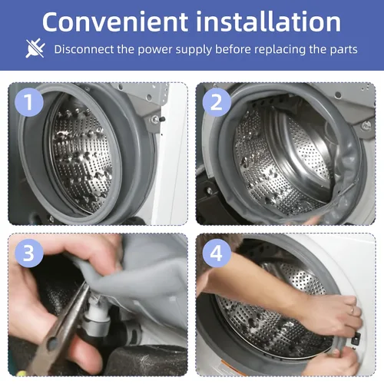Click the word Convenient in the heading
tap(115, 22)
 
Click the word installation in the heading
tap(269, 22)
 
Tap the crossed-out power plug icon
tap(35, 48)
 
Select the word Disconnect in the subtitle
tap(84, 49)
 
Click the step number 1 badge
tap(29, 102)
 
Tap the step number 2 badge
tap(217, 102)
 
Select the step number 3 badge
tap(29, 253)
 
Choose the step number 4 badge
tap(217, 253)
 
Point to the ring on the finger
tap(353, 310)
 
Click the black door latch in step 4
tap(356, 339)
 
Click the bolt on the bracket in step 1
tap(155, 119)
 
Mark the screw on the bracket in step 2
tap(366, 125)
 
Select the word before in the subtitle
tap(233, 49)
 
